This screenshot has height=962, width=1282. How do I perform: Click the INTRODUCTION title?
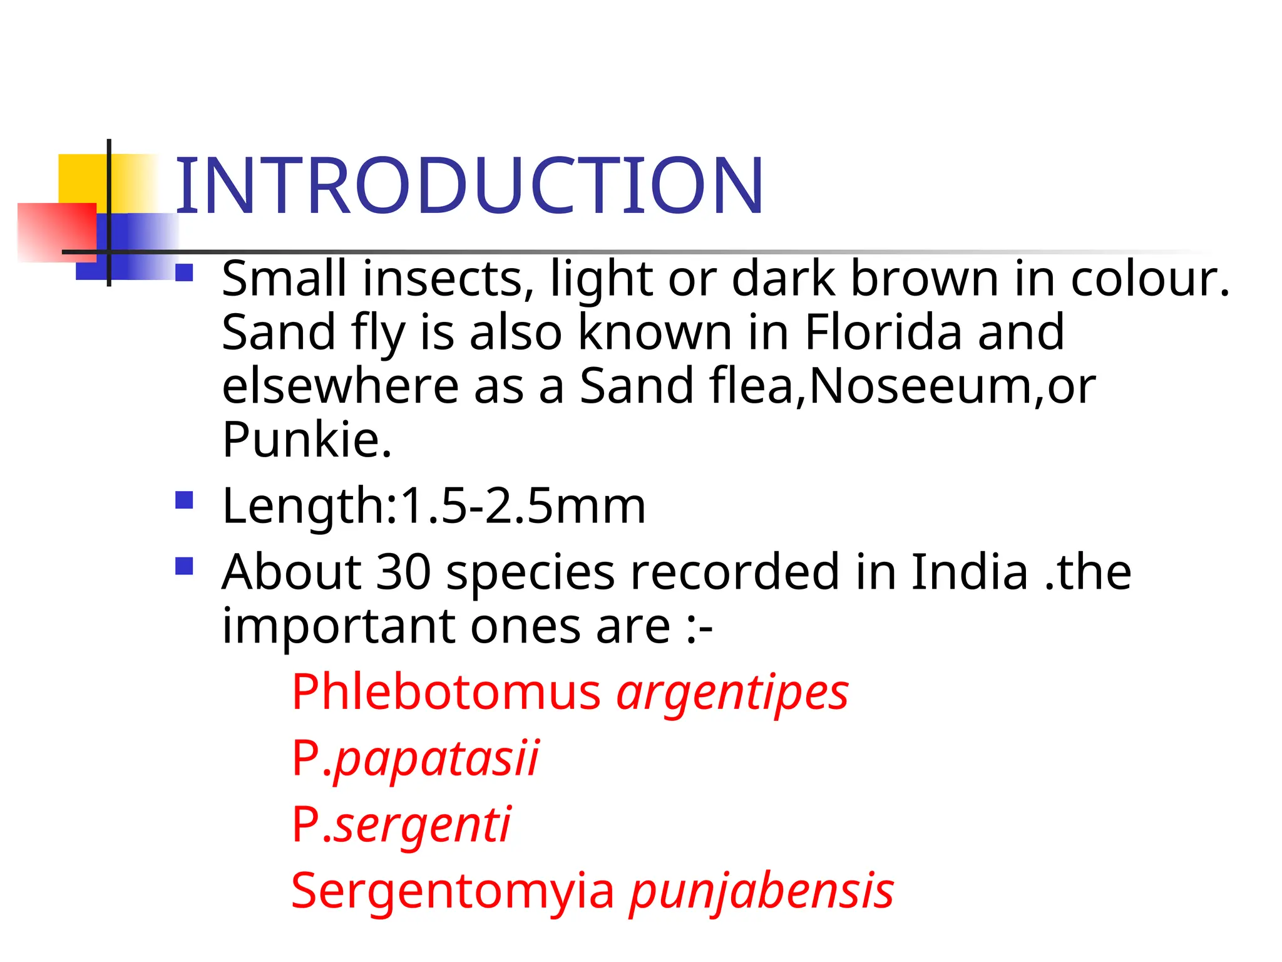coord(469,185)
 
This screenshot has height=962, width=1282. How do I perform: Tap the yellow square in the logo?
coord(81,178)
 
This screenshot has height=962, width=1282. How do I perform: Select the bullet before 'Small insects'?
coord(184,273)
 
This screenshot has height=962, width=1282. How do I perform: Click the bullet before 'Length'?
coord(184,500)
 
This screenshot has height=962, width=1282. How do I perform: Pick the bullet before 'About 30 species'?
coord(184,566)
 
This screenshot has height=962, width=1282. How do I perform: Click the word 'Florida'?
coord(883,332)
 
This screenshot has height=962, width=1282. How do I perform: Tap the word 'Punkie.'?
coord(307,440)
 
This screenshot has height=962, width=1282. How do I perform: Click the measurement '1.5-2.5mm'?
coord(523,505)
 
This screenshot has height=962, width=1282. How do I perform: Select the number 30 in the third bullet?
coord(403,571)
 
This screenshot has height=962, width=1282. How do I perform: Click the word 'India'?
coord(969,571)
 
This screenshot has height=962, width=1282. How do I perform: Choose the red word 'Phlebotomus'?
coord(446,692)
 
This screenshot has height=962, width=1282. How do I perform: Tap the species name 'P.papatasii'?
coord(415,759)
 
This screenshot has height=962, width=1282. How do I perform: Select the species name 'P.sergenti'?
coord(401,825)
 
